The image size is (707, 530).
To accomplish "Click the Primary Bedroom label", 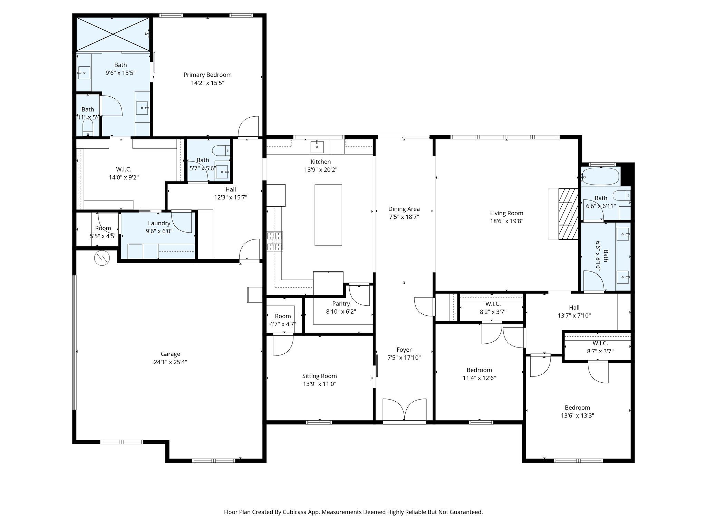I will pos(207,75).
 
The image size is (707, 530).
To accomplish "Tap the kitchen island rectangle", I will pos(328,215).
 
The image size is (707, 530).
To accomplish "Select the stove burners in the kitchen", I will pos(275,241).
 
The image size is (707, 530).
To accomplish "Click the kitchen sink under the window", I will pos(317,147).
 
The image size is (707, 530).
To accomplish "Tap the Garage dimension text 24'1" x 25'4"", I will pos(170,362).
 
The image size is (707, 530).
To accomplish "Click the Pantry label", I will pos(341,304).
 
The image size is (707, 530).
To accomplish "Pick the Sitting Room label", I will pos(319,376).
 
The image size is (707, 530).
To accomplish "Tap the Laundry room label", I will pos(159,223).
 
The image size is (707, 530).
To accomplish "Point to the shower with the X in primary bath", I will pos(113,34).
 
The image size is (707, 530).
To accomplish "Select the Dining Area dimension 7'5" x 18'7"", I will pos(404,217).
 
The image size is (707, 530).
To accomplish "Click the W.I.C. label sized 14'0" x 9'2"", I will pos(123,169).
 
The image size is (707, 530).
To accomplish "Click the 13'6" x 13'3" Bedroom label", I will pos(577,408).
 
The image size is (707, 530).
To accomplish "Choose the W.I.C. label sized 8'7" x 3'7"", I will pos(600,343).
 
